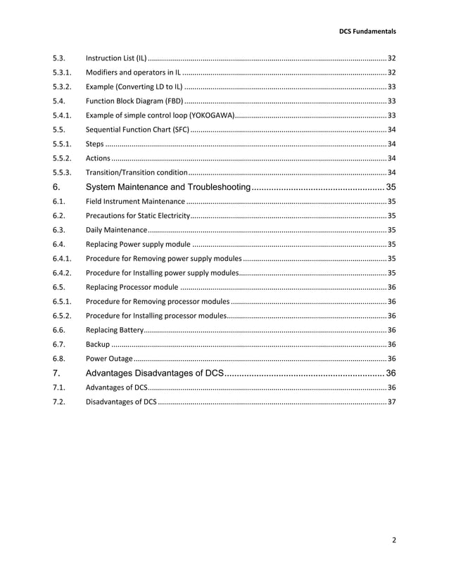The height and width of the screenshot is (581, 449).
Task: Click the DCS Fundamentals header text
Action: pyautogui.click(x=367, y=31)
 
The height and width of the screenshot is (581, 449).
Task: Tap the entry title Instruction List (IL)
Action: pyautogui.click(x=116, y=57)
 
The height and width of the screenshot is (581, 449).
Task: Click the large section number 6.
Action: pyautogui.click(x=56, y=186)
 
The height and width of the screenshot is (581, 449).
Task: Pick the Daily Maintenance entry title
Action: pyautogui.click(x=116, y=230)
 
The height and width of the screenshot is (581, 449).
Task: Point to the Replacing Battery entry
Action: pyautogui.click(x=114, y=330)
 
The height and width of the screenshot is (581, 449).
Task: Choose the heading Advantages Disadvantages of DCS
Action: pyautogui.click(x=154, y=372)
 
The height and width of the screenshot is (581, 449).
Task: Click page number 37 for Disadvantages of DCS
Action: pyautogui.click(x=391, y=402)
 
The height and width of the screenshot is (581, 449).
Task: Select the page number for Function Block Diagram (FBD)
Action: pyautogui.click(x=391, y=101)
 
